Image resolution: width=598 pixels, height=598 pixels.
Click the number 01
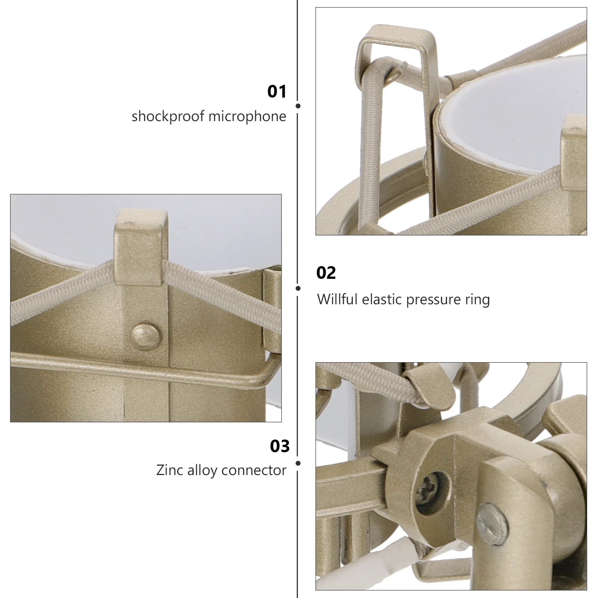(x=277, y=92)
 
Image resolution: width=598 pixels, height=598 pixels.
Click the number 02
(x=326, y=273)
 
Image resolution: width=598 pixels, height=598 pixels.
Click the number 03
(x=280, y=446)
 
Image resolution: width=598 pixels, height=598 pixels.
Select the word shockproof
(x=168, y=116)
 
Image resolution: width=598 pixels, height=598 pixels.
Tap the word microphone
(x=247, y=116)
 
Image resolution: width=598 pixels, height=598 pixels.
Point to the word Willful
(x=337, y=299)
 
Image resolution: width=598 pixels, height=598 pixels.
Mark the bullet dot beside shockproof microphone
(x=298, y=106)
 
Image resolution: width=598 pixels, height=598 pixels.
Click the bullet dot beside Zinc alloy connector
(x=298, y=463)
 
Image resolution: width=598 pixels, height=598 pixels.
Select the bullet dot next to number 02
(x=298, y=288)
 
